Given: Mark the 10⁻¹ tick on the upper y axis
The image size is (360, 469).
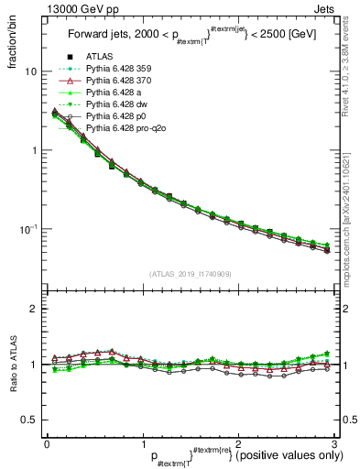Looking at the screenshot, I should [x=29, y=228].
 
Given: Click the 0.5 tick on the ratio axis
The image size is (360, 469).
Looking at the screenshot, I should [x=29, y=420].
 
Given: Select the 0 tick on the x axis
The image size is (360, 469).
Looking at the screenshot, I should [x=47, y=445].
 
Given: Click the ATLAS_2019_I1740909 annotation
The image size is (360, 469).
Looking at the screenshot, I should [x=190, y=274].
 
